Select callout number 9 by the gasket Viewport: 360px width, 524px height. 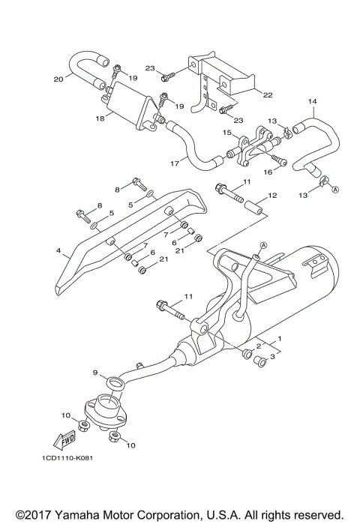tap(95, 373)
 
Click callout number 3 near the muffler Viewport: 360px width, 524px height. tap(272, 358)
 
